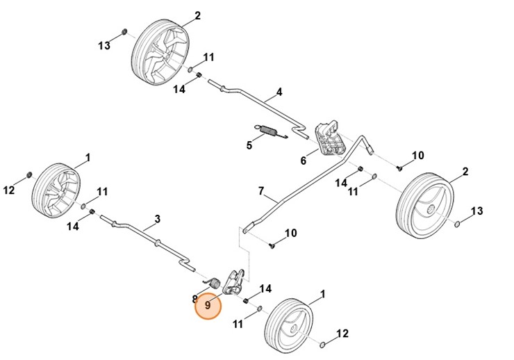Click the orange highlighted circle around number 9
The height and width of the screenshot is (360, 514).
208,305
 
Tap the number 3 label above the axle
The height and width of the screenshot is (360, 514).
157,219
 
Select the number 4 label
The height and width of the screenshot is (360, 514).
279,92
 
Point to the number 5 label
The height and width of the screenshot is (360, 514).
249,145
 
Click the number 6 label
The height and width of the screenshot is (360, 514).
303,161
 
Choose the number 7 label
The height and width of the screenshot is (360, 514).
261,190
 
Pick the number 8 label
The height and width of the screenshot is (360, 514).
195,300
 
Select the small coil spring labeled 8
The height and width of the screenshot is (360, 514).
215,283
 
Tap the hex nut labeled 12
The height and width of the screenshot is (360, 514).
30,174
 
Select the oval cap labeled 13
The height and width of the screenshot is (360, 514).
458,224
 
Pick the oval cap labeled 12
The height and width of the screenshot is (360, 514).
324,345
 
